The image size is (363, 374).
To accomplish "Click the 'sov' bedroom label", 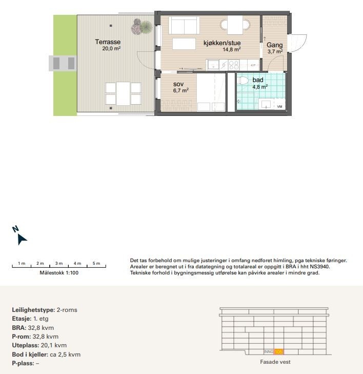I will [178, 84].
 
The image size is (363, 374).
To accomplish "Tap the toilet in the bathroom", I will [244, 80].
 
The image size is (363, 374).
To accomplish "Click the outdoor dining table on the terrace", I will [123, 93].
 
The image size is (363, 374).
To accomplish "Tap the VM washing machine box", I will [279, 106].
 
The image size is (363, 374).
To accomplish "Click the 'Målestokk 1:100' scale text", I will [59, 273].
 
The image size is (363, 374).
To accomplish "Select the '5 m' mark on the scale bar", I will [96, 263].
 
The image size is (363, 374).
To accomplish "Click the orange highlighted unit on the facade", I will [278, 351].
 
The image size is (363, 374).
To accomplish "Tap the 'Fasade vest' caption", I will [276, 362].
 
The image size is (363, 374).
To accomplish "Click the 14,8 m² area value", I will [232, 50].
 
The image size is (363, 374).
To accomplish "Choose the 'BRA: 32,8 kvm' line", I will [33, 327].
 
